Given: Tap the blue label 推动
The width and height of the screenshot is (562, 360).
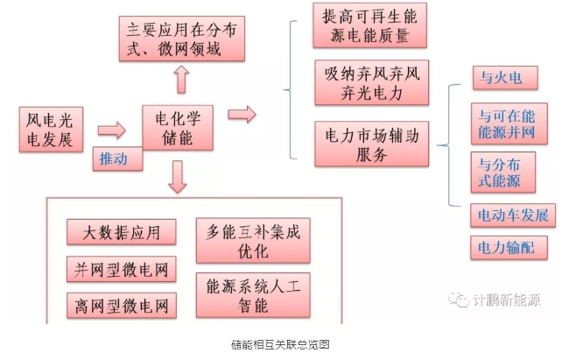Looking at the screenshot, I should click(x=113, y=159).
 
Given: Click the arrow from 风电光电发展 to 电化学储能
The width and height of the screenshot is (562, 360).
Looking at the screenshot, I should click(x=111, y=131).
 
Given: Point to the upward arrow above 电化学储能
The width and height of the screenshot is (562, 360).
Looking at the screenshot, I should click(x=180, y=81).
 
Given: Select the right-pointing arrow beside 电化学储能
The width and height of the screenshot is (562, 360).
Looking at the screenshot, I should click(x=241, y=115).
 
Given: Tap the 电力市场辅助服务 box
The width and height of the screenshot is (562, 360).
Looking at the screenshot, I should click(x=372, y=143).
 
